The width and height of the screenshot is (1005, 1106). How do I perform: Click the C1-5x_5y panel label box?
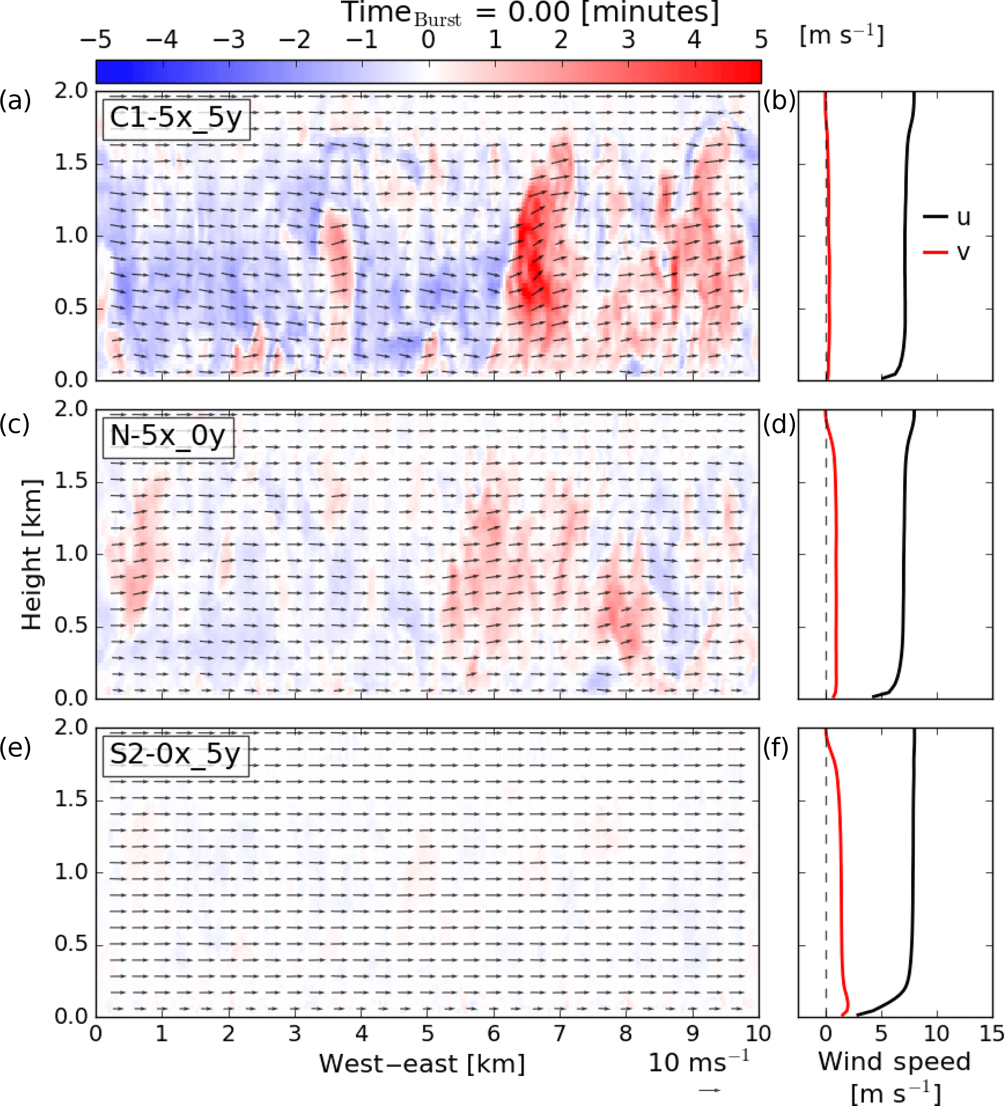176,119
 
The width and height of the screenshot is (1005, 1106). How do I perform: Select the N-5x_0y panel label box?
168,437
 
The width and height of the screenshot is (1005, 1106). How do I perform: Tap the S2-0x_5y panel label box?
176,755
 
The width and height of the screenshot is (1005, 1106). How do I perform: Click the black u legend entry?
947,217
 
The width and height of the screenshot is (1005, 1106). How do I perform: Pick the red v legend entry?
947,252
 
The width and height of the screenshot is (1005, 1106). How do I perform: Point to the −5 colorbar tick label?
95,39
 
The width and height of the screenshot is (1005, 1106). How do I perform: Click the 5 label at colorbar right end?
761,39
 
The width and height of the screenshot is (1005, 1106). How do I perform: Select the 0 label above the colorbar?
428,39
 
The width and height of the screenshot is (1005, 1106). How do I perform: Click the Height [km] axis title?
31,554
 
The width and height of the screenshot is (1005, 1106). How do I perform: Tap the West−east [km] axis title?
422,1064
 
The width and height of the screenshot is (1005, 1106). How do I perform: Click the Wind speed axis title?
894,1062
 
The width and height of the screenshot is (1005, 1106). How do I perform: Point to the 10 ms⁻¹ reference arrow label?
699,1063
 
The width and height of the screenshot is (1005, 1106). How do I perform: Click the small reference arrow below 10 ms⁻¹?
709,1090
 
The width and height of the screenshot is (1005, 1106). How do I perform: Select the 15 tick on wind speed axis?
992,1034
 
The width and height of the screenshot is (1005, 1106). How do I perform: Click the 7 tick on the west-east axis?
560,1034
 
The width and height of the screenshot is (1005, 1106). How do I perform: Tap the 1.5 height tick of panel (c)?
71,481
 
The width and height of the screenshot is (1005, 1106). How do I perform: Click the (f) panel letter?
776,747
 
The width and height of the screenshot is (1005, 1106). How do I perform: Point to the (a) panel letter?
16,100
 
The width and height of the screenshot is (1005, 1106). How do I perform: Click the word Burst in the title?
437,20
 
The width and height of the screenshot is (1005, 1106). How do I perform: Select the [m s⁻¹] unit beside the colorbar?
842,36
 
